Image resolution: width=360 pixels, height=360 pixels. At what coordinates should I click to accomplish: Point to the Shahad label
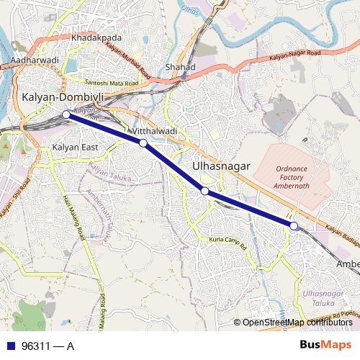click(180, 67)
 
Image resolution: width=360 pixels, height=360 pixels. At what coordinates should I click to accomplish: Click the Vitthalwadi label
click(155, 132)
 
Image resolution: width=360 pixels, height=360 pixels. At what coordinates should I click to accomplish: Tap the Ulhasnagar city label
click(222, 166)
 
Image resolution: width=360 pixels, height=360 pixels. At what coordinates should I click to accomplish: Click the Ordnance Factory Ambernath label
click(302, 177)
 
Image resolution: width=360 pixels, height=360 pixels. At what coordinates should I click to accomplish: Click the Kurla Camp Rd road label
click(227, 238)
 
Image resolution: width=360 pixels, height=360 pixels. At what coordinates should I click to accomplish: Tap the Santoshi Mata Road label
click(111, 83)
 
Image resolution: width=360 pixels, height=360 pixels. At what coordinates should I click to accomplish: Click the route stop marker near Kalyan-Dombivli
click(66, 114)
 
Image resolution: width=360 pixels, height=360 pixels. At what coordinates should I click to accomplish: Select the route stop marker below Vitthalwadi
click(143, 143)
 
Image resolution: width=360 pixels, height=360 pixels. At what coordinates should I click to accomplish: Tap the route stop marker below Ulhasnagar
click(205, 191)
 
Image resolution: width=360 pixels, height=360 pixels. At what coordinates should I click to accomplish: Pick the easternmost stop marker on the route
click(294, 226)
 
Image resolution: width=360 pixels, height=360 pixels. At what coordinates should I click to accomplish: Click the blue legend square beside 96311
click(11, 345)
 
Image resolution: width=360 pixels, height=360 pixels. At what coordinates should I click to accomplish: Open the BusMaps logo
click(325, 344)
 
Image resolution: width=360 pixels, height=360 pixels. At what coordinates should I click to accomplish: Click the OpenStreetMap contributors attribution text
click(297, 323)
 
